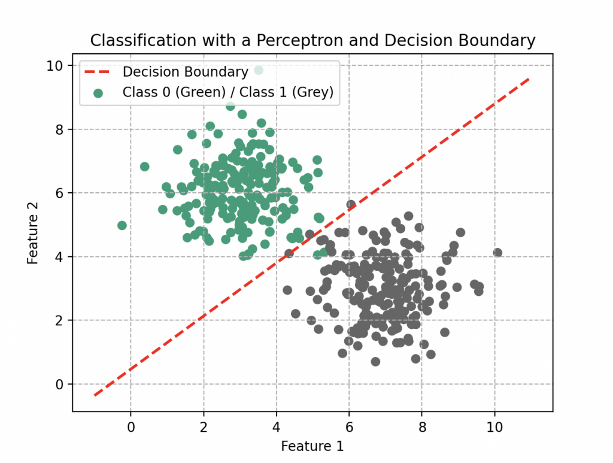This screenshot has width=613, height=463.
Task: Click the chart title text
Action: (312, 41)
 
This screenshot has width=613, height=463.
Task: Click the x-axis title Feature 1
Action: (312, 446)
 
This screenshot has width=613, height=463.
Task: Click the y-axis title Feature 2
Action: (32, 232)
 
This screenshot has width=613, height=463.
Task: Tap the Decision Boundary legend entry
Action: (185, 72)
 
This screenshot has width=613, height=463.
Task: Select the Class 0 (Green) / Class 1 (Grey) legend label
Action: (227, 92)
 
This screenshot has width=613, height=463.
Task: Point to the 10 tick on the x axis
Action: (494, 427)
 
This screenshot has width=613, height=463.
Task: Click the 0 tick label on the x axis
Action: (131, 427)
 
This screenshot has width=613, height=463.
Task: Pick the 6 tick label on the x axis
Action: (349, 427)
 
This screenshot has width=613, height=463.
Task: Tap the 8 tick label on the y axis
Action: (59, 129)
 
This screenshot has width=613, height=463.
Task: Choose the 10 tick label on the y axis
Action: (55, 66)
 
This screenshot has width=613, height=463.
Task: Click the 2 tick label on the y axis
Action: (59, 320)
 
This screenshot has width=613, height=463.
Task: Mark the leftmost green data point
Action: (122, 225)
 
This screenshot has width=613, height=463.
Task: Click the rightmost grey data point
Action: (497, 253)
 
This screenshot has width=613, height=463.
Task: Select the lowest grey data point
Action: (375, 361)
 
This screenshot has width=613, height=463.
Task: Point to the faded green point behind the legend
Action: (259, 70)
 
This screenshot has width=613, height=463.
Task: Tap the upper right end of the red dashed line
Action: (529, 78)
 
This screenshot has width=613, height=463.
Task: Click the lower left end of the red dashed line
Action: (95, 395)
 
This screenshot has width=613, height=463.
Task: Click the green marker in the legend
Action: (98, 92)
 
